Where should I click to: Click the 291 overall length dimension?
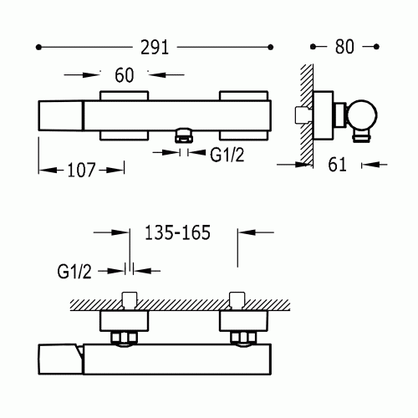tap(155, 48)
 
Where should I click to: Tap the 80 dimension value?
tap(344, 47)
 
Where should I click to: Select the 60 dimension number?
tap(125, 75)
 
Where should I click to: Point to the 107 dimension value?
tap(81, 170)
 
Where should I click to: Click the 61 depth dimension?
tap(337, 165)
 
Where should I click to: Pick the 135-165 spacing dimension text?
tap(177, 232)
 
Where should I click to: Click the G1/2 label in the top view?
tap(227, 155)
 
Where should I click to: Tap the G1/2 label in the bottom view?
tap(74, 272)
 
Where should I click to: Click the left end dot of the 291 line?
tap(38, 48)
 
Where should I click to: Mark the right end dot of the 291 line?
tap(270, 47)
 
